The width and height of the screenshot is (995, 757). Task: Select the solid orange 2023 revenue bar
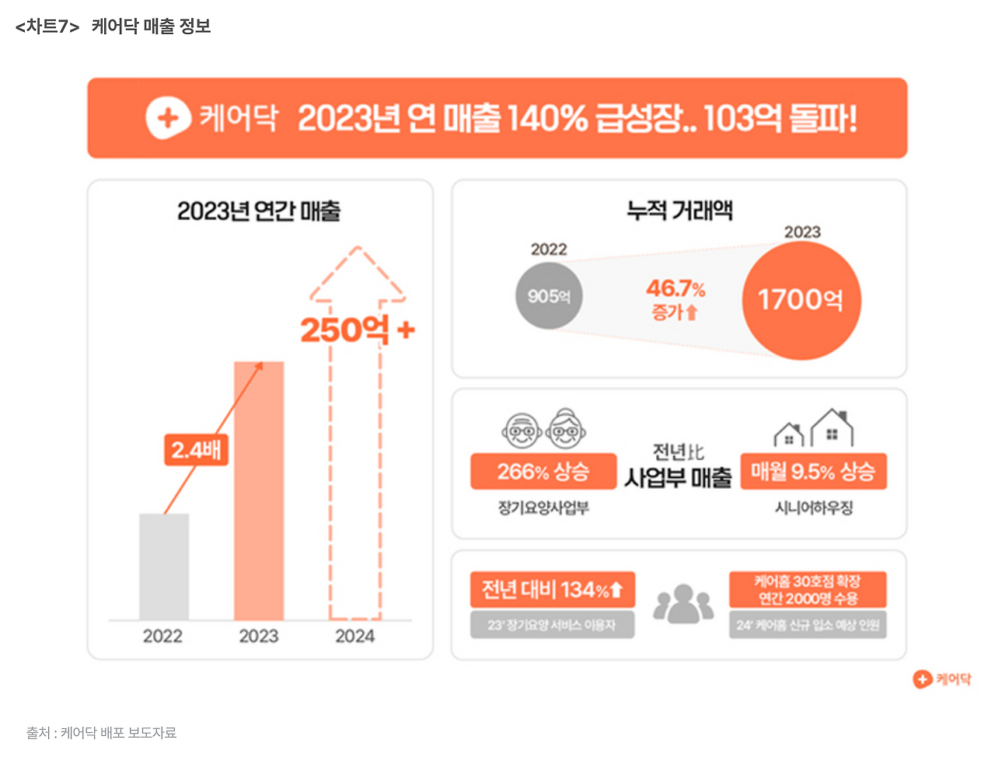pos(259,490)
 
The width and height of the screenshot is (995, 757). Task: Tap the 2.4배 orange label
pos(196,450)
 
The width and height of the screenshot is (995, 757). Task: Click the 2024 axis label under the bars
pos(355,637)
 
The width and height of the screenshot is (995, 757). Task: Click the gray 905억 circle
pos(549,296)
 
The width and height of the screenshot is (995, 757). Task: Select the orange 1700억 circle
pos(801,300)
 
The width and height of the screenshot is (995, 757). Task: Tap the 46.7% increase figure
pos(676,289)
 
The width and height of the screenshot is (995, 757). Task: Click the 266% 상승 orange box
pos(543,472)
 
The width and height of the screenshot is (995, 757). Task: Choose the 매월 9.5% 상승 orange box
pos(813,472)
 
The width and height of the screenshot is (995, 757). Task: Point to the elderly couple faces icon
pos(543,428)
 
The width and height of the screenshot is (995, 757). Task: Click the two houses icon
pos(813,428)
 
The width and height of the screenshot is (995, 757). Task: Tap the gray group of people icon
pos(683,604)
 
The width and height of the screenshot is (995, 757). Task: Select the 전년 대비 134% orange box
pos(552,590)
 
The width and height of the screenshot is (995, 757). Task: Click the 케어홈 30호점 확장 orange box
pos(808,590)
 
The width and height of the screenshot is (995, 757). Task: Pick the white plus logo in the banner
pos(168,118)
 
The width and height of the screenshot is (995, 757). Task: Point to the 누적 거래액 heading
pos(679,210)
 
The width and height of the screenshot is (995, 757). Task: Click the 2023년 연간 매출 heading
pos(259,211)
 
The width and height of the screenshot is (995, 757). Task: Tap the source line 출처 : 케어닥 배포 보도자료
pos(101,732)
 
